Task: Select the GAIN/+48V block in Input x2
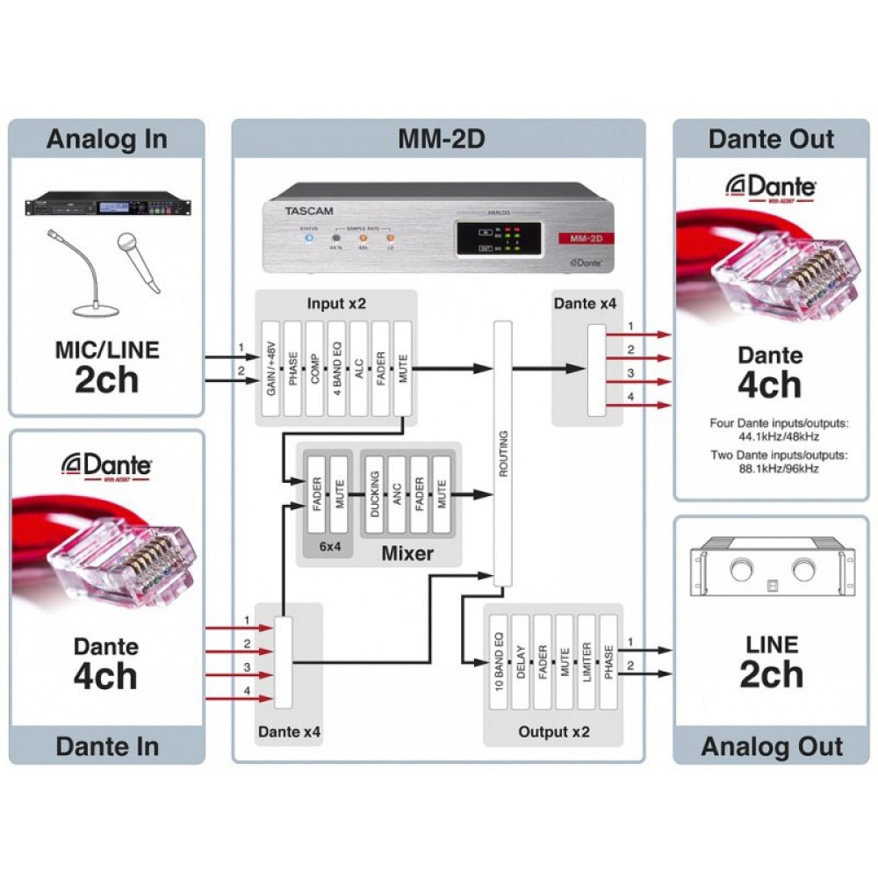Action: [271, 368]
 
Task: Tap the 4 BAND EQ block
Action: [336, 368]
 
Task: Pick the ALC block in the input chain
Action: [358, 368]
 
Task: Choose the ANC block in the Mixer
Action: [397, 496]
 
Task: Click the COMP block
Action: [314, 368]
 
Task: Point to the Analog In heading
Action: [106, 140]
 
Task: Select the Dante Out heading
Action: [772, 140]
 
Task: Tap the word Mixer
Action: [407, 553]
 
